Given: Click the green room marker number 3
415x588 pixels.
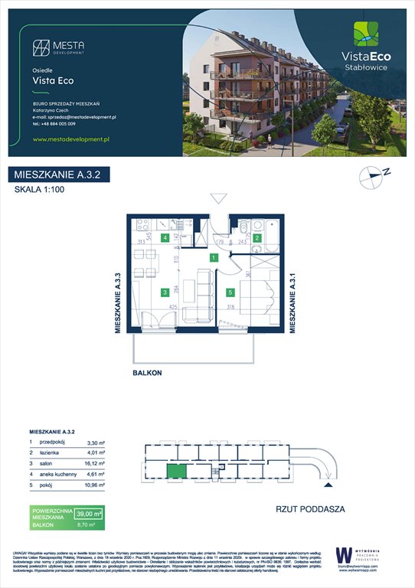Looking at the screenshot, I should pyautogui.click(x=165, y=292).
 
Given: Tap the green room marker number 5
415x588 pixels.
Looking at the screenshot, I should pyautogui.click(x=230, y=292).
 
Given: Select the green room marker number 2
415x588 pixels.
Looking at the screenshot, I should pyautogui.click(x=258, y=238).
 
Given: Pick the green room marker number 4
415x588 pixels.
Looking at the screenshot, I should pyautogui.click(x=165, y=238).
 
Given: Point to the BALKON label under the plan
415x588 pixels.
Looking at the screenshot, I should pyautogui.click(x=147, y=373).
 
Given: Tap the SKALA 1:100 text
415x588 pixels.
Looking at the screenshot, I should pyautogui.click(x=41, y=193).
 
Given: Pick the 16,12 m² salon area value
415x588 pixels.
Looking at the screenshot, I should pyautogui.click(x=90, y=463).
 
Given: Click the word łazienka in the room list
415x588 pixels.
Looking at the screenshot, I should pyautogui.click(x=52, y=452).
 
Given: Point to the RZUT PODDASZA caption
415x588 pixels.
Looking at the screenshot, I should pyautogui.click(x=310, y=508).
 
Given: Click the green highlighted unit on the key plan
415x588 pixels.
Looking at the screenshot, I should pyautogui.click(x=177, y=472).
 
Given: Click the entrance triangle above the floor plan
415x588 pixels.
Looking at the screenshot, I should pyautogui.click(x=218, y=199).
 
